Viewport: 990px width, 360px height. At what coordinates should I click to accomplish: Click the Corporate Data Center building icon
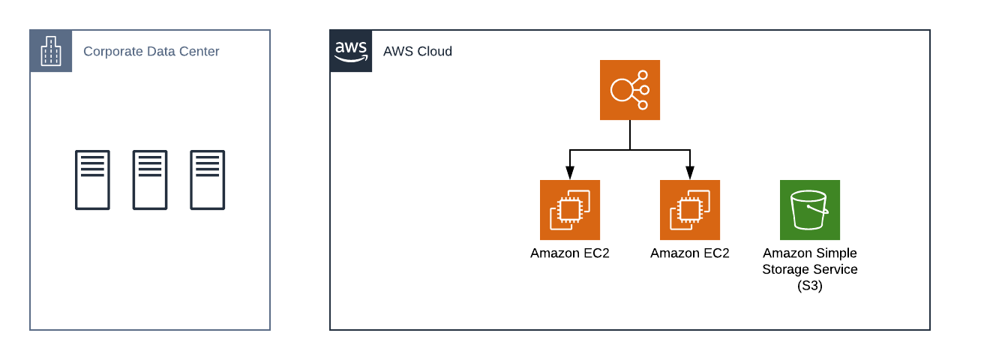point(51,51)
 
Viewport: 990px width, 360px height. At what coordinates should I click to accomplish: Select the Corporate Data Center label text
point(151,52)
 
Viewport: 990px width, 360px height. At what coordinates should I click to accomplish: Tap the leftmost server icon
point(92,180)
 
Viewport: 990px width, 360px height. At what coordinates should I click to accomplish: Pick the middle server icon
point(150,180)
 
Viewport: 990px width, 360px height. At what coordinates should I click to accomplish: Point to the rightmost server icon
point(208,180)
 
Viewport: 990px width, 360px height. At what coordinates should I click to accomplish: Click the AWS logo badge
point(351,51)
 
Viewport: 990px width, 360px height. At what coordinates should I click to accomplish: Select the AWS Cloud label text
point(418,52)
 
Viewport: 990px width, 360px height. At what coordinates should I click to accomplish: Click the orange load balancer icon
point(630,90)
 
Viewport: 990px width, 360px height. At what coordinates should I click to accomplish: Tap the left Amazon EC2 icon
point(570,210)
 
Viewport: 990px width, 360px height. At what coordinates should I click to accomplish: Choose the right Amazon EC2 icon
point(690,210)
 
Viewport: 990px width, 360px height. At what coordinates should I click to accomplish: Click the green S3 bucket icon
point(810,210)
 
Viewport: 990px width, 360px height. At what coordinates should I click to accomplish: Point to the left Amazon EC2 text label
point(570,253)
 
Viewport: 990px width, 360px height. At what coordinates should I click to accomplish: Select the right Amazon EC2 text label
point(690,253)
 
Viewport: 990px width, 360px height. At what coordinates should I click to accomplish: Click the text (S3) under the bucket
point(810,286)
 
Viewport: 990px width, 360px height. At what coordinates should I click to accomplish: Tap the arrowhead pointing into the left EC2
point(570,173)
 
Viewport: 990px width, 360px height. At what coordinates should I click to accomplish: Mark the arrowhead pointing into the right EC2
point(690,173)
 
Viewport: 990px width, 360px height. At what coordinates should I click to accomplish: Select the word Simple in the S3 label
point(836,253)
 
